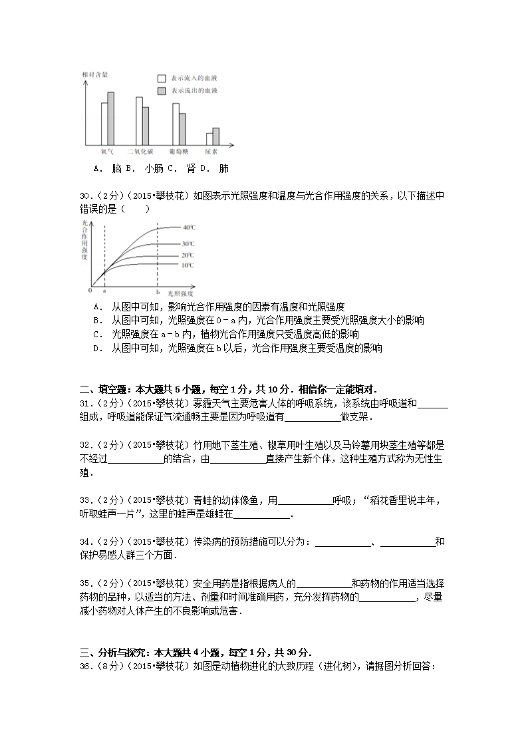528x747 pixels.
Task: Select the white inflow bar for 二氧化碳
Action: pyautogui.click(x=139, y=122)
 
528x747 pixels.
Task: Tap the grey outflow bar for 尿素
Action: pyautogui.click(x=215, y=136)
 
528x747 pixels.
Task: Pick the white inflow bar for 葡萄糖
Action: pyautogui.click(x=176, y=124)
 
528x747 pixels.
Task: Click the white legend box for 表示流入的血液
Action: pyautogui.click(x=162, y=77)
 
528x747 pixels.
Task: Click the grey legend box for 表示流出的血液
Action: pyautogui.click(x=162, y=90)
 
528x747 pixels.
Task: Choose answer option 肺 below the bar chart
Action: pyautogui.click(x=224, y=169)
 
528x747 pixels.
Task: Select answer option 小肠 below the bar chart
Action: pyautogui.click(x=154, y=169)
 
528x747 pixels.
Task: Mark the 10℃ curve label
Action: pyautogui.click(x=188, y=265)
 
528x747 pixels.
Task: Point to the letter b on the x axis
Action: pyautogui.click(x=158, y=291)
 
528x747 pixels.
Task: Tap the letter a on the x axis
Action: pyautogui.click(x=104, y=291)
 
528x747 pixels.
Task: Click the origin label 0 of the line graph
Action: pyautogui.click(x=90, y=291)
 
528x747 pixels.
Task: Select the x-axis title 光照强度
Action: pyautogui.click(x=180, y=293)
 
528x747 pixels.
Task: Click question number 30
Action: pyautogui.click(x=85, y=196)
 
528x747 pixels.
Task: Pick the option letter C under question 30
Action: pyautogui.click(x=98, y=335)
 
